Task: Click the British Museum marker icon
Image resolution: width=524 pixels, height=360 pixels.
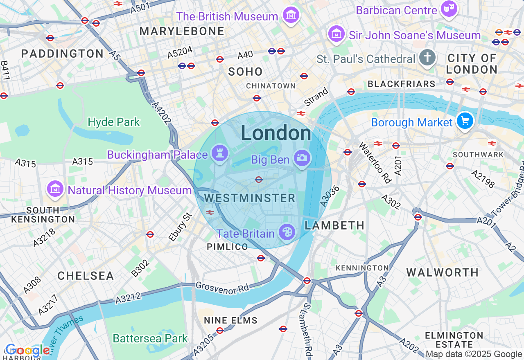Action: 291,16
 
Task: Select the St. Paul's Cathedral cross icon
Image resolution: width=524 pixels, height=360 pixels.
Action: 427,58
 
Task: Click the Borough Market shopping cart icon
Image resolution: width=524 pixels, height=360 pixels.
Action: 465,121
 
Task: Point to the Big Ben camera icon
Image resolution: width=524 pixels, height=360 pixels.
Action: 302,158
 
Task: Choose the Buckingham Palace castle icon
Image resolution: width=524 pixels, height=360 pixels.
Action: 220,154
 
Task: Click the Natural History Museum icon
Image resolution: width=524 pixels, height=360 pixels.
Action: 55,189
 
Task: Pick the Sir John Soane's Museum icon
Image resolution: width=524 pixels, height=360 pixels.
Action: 336,34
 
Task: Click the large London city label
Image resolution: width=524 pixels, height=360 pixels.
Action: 276,133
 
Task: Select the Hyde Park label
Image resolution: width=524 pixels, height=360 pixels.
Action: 114,122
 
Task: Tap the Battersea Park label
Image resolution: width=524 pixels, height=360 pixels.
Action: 150,338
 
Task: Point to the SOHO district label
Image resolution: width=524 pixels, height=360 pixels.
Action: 245,72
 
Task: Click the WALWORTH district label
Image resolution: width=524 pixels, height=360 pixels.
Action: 443,272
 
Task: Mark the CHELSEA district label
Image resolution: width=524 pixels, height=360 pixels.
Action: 86,276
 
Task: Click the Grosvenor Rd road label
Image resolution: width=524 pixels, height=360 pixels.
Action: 222,288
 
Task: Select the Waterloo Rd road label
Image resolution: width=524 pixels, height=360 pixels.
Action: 375,162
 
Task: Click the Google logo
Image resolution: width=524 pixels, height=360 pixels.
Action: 27,351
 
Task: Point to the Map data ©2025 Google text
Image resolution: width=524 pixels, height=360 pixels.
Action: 474,354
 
